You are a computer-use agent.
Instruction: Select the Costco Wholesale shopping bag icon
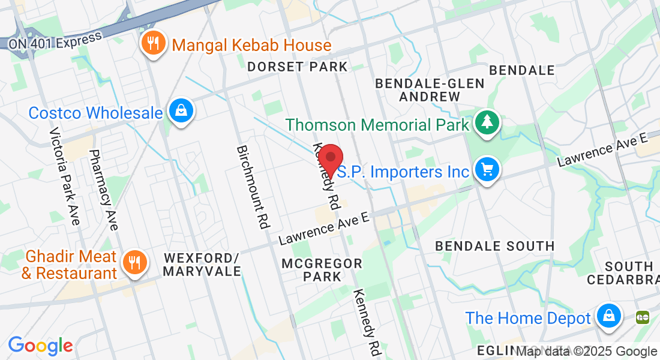[x=180, y=111]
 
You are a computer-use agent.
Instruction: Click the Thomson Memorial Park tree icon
[x=487, y=123]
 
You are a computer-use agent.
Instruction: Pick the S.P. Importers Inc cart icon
[x=487, y=170]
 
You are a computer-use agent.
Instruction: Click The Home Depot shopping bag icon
[x=608, y=316]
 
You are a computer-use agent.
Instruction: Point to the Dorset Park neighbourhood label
[x=298, y=67]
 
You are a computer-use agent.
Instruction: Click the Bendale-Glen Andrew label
[x=430, y=89]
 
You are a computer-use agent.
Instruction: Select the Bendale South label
[x=495, y=246]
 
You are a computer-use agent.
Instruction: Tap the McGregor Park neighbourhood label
[x=322, y=270]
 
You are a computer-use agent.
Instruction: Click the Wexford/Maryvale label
[x=202, y=264]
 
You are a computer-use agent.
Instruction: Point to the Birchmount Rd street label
[x=251, y=187]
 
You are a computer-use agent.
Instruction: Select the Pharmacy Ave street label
[x=103, y=190]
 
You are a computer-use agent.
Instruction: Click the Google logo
[x=41, y=346]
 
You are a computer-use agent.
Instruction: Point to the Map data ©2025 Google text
[x=586, y=352]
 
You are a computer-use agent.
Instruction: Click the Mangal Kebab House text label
[x=251, y=46]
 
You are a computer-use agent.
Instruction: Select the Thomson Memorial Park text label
[x=377, y=125]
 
